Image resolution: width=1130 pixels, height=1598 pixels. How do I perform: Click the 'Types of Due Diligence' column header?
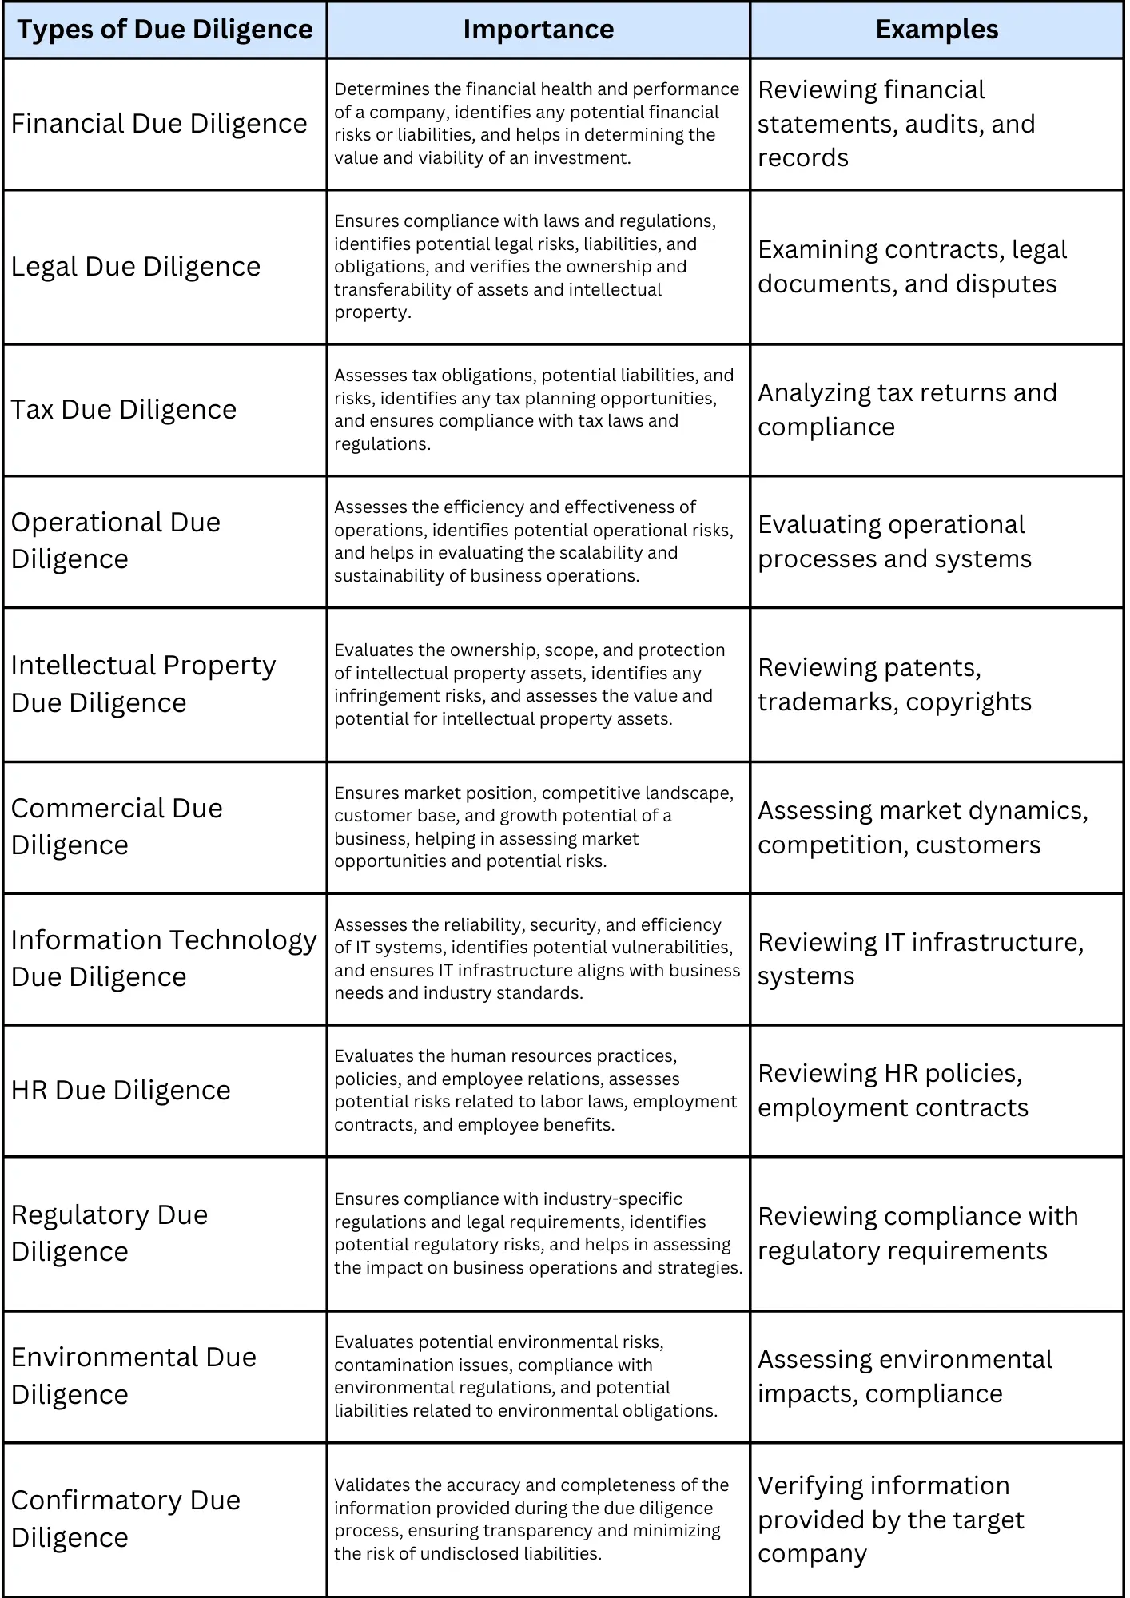(165, 30)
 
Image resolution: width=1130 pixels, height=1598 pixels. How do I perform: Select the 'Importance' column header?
(539, 30)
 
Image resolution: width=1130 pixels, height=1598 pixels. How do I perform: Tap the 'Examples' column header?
(937, 30)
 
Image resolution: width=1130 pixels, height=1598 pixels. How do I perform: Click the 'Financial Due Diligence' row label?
(159, 124)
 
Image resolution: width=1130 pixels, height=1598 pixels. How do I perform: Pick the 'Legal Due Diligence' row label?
(136, 267)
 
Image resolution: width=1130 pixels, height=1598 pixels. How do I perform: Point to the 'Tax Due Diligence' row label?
(124, 410)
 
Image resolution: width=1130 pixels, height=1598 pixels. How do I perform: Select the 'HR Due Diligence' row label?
(121, 1091)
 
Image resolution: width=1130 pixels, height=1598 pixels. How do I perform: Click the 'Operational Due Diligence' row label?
(116, 541)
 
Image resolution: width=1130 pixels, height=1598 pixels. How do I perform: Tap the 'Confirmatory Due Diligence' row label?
(125, 1519)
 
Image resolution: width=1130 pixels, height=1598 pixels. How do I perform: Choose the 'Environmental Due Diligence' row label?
(133, 1376)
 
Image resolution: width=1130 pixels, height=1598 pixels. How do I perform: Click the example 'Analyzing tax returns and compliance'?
(907, 410)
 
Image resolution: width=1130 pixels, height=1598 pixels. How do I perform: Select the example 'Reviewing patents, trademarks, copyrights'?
(894, 685)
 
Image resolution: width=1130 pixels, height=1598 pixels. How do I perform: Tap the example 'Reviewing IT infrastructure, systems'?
(920, 959)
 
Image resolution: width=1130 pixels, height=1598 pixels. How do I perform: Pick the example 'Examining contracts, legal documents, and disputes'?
(912, 267)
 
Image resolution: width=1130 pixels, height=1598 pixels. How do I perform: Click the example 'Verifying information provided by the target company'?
(890, 1520)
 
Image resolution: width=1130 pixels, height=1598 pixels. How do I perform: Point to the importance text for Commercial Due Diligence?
(534, 827)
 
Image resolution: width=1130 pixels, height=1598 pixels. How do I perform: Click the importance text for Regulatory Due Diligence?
(538, 1234)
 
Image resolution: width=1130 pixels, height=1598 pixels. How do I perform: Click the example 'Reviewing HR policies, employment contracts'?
(893, 1091)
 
